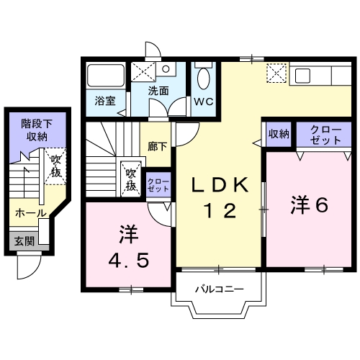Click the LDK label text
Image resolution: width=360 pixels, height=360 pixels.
(220, 185)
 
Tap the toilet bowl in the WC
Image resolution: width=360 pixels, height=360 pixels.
(204, 78)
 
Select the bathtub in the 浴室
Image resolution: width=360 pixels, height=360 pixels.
(106, 75)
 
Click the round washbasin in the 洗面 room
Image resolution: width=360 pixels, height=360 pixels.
(166, 69)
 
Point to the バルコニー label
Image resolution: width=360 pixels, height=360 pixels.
(219, 289)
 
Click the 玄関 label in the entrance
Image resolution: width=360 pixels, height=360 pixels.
(24, 241)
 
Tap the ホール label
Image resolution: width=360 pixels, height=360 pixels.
(31, 213)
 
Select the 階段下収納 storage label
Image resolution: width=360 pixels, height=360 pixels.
(37, 130)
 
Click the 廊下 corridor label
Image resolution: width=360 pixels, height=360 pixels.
(157, 146)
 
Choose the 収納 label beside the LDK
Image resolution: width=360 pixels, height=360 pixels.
(279, 134)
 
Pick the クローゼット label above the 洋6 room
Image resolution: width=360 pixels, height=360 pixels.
(325, 135)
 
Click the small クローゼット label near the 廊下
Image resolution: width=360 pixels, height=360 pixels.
(158, 185)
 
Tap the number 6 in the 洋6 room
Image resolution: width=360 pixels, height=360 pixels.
(320, 205)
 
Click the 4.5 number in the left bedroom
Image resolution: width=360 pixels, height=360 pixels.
(129, 260)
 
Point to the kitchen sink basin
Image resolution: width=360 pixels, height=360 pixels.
(302, 76)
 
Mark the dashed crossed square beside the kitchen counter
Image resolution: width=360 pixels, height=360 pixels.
(277, 73)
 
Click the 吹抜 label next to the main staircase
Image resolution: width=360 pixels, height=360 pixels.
(131, 179)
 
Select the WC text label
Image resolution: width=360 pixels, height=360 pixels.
(204, 102)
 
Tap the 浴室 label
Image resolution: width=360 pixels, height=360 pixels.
(105, 101)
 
